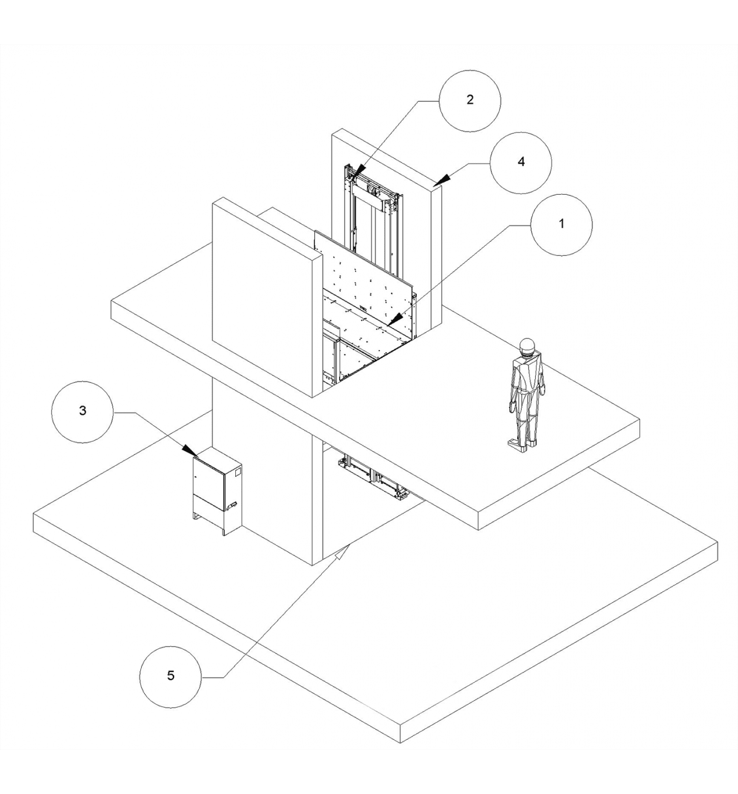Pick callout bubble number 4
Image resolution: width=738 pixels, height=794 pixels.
pos(521,162)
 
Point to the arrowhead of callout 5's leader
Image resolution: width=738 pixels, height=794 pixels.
pos(342,554)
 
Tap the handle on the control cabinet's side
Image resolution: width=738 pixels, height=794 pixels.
pos(231,505)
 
